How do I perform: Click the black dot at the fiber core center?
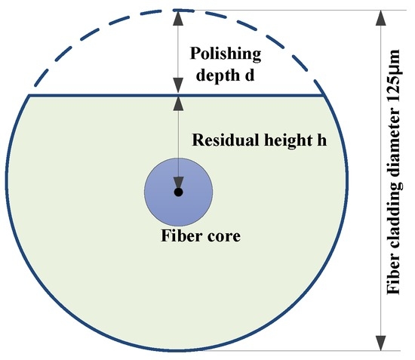178,192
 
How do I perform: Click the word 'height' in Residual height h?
282,141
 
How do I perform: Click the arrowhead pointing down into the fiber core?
178,183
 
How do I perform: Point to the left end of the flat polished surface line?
29,95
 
